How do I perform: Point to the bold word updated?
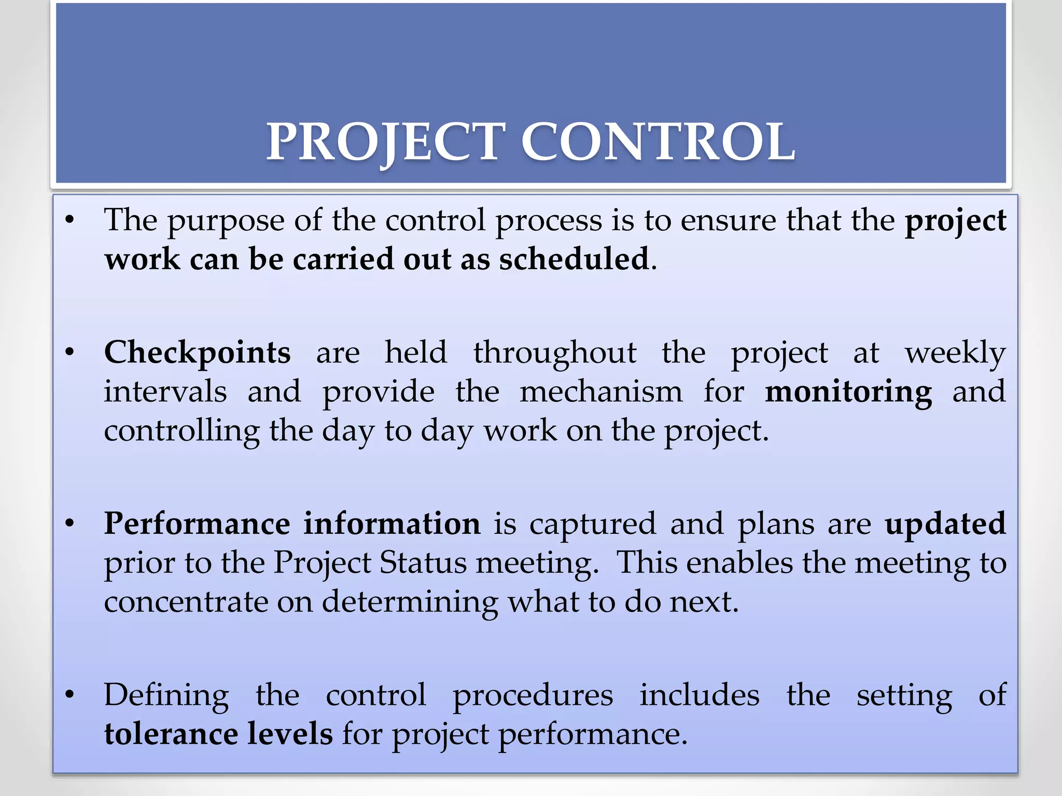click(x=945, y=524)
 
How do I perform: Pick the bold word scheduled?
click(x=574, y=259)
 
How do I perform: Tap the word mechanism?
click(x=601, y=392)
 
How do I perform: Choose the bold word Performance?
click(x=198, y=524)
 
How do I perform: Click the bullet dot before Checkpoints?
click(x=69, y=353)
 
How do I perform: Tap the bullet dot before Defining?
click(x=69, y=695)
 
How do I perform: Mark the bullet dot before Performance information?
click(x=69, y=524)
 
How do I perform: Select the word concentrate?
click(x=185, y=602)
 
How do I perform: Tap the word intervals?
click(x=165, y=392)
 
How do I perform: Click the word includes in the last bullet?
click(x=700, y=695)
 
